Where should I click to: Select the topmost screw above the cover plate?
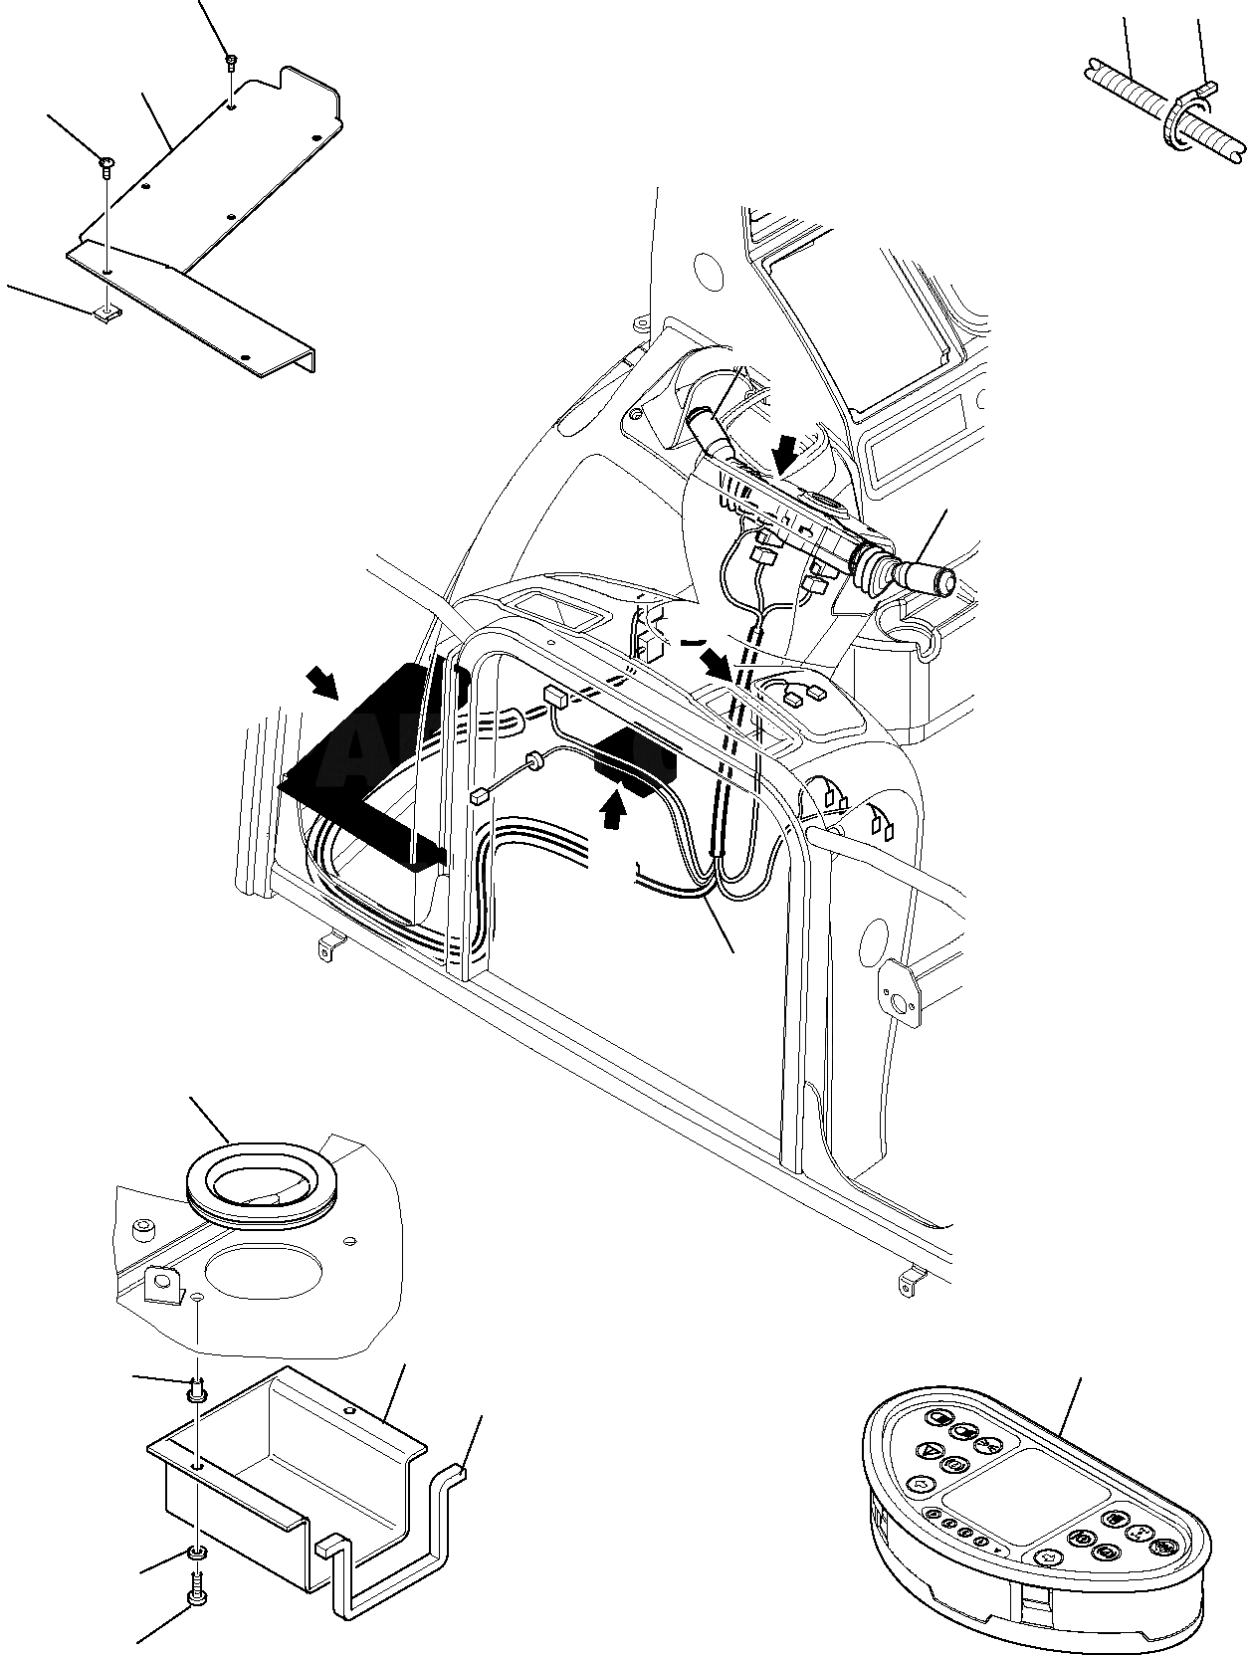231,63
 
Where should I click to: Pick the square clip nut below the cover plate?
107,315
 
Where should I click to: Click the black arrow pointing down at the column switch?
785,456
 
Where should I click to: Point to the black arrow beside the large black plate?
322,682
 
